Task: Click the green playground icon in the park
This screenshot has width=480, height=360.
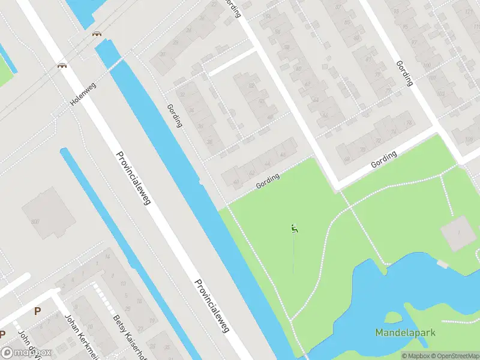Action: click(293, 228)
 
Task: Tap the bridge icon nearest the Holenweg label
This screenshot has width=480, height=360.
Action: click(62, 65)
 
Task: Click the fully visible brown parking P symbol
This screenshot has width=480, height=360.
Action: click(38, 311)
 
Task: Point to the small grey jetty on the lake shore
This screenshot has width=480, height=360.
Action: click(443, 264)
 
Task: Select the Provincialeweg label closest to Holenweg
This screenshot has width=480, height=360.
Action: click(133, 178)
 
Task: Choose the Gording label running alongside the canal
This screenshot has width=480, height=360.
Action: click(175, 116)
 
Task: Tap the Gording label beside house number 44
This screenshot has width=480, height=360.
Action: click(268, 181)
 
